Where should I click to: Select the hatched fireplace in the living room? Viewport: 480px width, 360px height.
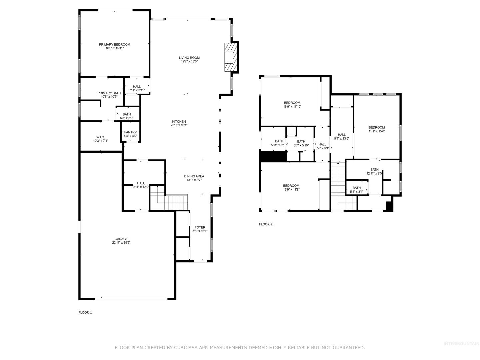pos(231,57)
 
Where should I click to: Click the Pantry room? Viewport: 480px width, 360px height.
pos(131,132)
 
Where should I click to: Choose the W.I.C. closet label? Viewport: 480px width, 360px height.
pos(100,137)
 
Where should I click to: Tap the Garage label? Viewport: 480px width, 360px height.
pos(121,239)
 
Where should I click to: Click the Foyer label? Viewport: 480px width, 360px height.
pos(200,227)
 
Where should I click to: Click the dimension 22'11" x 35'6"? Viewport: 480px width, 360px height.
pos(121,243)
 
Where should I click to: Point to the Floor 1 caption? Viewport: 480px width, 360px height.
pos(85,313)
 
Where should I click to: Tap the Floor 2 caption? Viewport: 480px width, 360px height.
pos(266,224)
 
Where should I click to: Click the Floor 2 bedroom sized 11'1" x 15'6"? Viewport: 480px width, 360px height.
pos(377,129)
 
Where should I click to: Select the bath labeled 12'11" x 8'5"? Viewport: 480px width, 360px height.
pos(374,171)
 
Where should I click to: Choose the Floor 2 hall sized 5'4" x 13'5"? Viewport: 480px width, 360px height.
pos(341,136)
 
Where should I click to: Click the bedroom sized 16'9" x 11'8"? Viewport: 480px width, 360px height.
pos(291,188)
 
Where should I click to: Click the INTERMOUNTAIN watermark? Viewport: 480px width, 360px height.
pos(461,344)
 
